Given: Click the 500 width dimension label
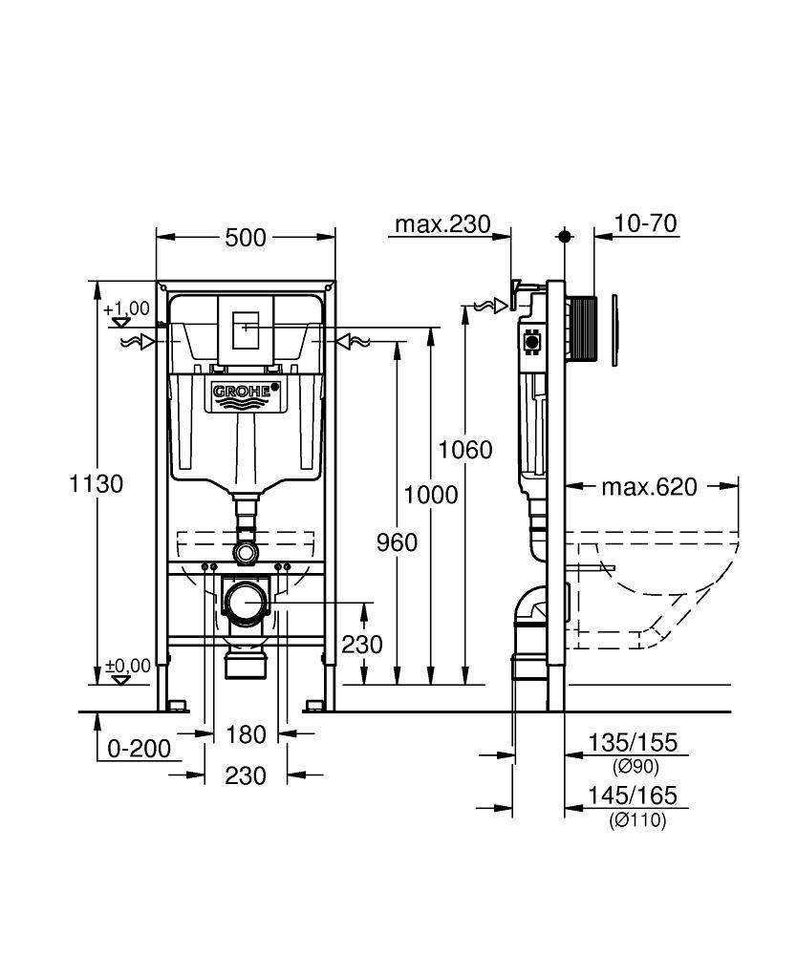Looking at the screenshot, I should click(x=246, y=238).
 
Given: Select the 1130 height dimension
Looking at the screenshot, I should click(x=97, y=483).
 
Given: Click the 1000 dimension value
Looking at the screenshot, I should click(x=430, y=495).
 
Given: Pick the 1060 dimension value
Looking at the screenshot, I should click(x=465, y=449).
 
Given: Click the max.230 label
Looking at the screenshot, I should click(x=442, y=224).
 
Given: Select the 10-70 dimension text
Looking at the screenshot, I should click(x=646, y=223).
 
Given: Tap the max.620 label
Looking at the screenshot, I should click(x=649, y=487).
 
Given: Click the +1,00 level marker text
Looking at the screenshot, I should click(x=127, y=308).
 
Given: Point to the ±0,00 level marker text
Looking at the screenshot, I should click(x=128, y=666).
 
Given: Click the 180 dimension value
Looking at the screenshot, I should click(x=246, y=734).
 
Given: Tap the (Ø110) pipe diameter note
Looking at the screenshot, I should click(x=637, y=819).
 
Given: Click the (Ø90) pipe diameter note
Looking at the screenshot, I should click(x=635, y=766).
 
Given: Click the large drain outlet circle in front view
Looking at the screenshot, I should click(x=247, y=604).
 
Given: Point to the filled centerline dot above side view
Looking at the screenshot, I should click(x=565, y=236).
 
